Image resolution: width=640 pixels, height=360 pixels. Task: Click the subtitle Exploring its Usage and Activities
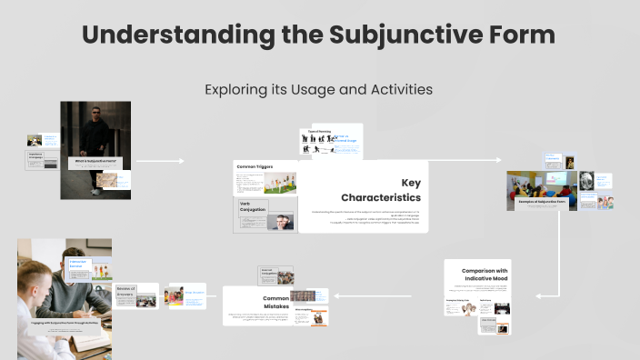(318, 89)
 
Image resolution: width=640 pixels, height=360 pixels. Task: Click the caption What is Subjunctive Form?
(95, 161)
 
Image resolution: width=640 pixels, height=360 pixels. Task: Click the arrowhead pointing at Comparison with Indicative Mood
(537, 295)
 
